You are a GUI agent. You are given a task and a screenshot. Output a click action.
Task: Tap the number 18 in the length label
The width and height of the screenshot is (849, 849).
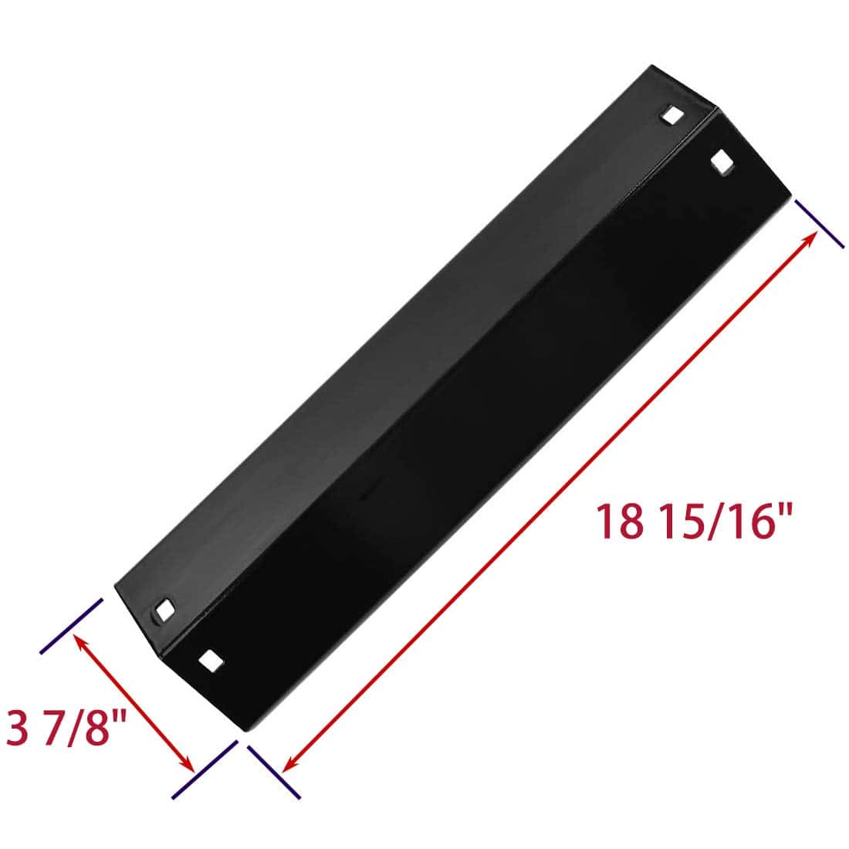coord(618,521)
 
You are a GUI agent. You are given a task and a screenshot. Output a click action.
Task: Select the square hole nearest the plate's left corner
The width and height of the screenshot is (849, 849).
coord(165,609)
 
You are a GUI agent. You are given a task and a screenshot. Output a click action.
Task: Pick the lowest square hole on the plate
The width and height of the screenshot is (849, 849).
coord(210,660)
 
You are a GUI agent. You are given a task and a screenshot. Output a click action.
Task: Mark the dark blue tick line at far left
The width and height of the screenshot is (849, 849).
coord(71,625)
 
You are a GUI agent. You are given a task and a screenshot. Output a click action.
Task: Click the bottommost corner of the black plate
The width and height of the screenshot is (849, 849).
coord(244,731)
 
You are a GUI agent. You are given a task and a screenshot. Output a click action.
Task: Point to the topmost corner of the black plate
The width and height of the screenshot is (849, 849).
coord(653,66)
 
